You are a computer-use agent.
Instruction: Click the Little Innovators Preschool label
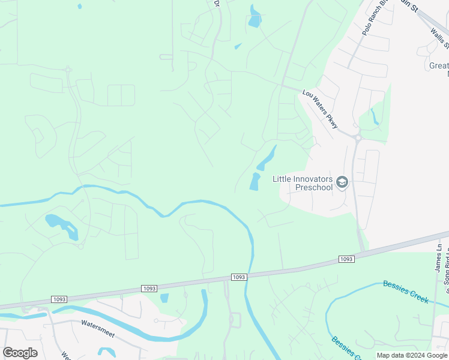[x=303, y=182]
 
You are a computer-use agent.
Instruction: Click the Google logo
[x=20, y=353]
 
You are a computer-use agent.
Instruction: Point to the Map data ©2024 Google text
[x=412, y=355]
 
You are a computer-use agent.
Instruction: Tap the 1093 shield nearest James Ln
[x=346, y=259]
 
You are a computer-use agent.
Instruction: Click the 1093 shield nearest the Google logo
[x=59, y=299]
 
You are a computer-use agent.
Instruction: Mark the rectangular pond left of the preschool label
[x=255, y=181]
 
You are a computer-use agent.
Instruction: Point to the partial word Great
[x=439, y=65]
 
